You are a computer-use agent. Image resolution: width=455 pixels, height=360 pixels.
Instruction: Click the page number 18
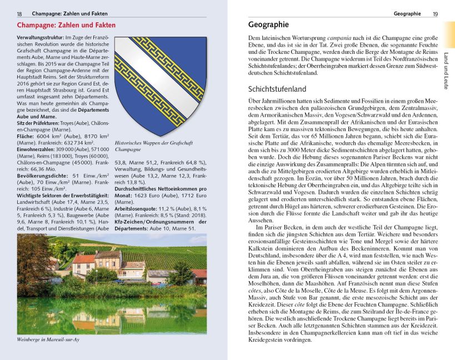(19, 13)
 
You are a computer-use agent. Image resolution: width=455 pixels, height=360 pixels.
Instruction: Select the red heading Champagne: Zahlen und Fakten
(66, 25)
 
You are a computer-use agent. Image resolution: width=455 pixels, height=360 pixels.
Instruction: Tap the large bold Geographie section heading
(268, 24)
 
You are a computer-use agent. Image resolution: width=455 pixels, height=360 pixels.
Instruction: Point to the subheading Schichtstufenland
(277, 88)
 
